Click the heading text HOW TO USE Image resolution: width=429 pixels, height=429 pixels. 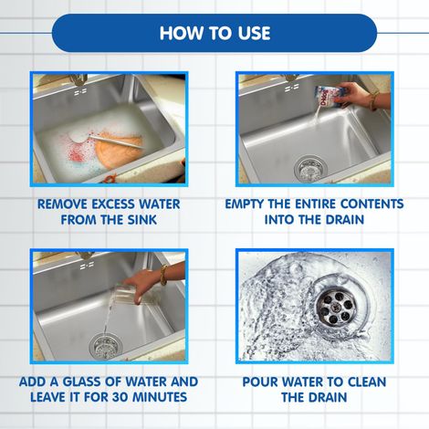[214, 34]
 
